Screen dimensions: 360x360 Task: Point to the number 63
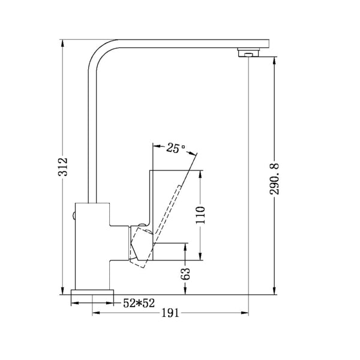pyautogui.click(x=187, y=274)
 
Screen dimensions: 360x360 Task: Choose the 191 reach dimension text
pyautogui.click(x=170, y=313)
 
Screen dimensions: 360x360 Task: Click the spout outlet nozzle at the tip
pyautogui.click(x=247, y=53)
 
